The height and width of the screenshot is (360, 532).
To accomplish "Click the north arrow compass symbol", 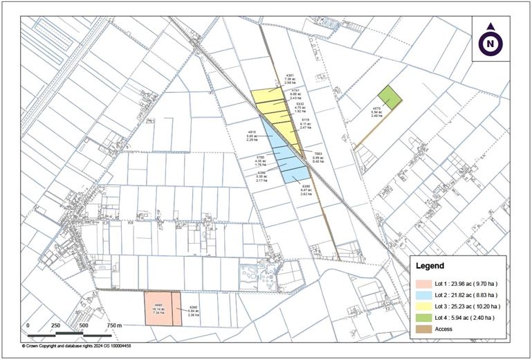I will pos(490,43).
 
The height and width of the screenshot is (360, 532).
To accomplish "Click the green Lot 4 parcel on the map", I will pos(389,97).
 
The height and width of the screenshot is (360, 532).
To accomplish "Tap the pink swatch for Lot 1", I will pos(423,283).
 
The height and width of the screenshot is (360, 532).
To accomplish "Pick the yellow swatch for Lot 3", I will pos(423,306).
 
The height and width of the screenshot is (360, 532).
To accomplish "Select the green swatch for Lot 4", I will pos(423,317).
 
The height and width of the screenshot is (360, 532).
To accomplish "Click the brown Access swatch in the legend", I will pos(423,329).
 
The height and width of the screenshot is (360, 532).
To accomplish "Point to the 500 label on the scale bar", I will pos(83,325).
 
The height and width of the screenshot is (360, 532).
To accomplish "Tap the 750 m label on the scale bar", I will pos(114,325).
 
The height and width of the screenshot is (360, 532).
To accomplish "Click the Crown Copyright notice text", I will pos(76,345).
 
